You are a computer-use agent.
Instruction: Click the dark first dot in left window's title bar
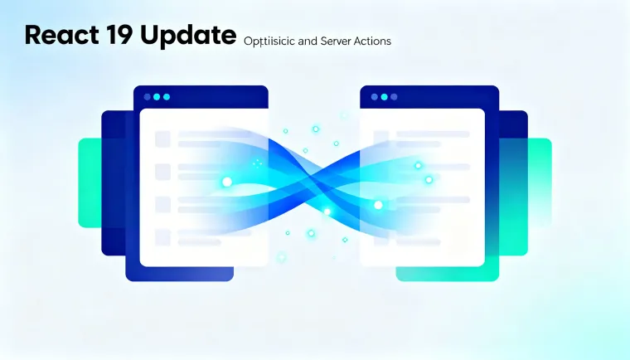(147, 97)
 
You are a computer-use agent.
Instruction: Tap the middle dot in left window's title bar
(157, 97)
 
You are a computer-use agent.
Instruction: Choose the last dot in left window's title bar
(167, 97)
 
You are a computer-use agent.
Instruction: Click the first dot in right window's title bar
(372, 97)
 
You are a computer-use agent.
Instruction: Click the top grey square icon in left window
(162, 139)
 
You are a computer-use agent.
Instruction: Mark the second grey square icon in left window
(162, 172)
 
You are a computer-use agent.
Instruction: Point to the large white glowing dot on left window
(226, 182)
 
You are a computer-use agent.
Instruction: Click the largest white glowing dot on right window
(378, 204)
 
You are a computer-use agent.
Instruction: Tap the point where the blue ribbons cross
(315, 178)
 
